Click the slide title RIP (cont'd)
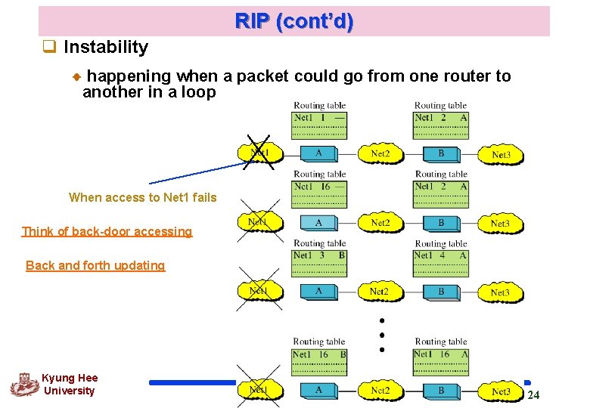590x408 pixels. pyautogui.click(x=293, y=21)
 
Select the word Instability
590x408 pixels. pyautogui.click(x=106, y=47)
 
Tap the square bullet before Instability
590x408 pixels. pyautogui.click(x=51, y=48)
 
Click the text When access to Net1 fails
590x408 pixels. pyautogui.click(x=142, y=197)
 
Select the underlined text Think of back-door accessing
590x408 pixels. pyautogui.click(x=107, y=231)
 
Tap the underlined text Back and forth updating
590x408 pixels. pyautogui.click(x=95, y=265)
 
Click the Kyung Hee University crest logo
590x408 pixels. pyautogui.click(x=23, y=384)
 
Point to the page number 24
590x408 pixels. pyautogui.click(x=533, y=396)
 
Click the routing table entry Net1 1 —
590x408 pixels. pyautogui.click(x=318, y=118)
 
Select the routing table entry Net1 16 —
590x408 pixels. pyautogui.click(x=318, y=187)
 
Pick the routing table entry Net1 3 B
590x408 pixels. pyautogui.click(x=318, y=255)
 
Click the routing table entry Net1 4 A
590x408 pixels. pyautogui.click(x=440, y=255)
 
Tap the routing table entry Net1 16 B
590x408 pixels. pyautogui.click(x=318, y=354)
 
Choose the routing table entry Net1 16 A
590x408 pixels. pyautogui.click(x=440, y=354)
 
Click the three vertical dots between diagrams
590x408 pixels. pyautogui.click(x=382, y=334)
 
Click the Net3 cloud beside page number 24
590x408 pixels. pyautogui.click(x=500, y=391)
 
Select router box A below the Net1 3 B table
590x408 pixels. pyautogui.click(x=318, y=292)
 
